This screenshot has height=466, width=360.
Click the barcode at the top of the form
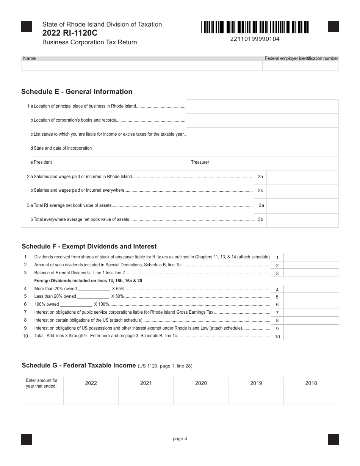click(x=255, y=27)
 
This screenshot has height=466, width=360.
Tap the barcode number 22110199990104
click(x=255, y=39)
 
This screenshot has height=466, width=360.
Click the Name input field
click(x=142, y=66)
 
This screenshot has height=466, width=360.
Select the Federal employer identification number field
click(x=301, y=66)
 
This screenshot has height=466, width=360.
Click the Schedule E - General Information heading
click(x=77, y=92)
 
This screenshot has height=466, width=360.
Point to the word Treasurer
click(x=200, y=162)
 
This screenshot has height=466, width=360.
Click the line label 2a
click(x=260, y=177)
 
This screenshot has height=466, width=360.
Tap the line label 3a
click(x=261, y=205)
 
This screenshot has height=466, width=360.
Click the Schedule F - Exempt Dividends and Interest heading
click(x=89, y=247)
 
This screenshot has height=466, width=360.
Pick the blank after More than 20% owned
click(x=94, y=289)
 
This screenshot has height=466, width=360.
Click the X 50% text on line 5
click(x=117, y=296)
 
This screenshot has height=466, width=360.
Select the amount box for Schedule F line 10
click(x=311, y=336)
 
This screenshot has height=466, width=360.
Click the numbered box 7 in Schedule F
click(x=277, y=313)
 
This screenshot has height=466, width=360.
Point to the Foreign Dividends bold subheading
click(x=88, y=281)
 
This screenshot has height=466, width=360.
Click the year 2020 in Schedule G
click(x=201, y=383)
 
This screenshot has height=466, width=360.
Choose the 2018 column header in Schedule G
click(x=311, y=383)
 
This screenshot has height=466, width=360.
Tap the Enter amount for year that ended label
click(x=42, y=383)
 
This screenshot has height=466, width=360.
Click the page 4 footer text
click(x=180, y=439)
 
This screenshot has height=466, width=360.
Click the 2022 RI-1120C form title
click(x=70, y=33)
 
